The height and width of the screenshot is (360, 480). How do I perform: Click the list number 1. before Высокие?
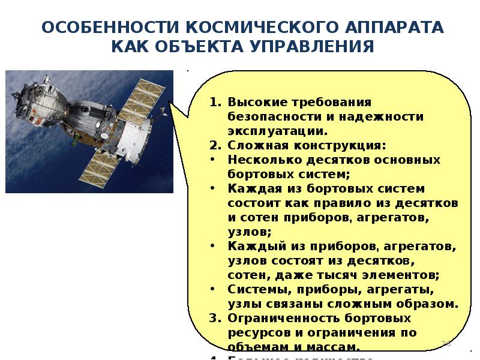pos(215,103)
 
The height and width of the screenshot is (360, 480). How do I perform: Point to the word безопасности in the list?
pos(269,117)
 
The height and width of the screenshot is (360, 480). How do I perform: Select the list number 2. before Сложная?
pos(215,146)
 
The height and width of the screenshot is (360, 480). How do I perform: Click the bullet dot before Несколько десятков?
pos(215,160)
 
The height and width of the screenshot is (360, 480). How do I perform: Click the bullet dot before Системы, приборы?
pos(215,290)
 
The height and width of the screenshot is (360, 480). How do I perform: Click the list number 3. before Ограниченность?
pos(215,318)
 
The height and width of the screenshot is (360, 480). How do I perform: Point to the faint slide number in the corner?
pos(446,344)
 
